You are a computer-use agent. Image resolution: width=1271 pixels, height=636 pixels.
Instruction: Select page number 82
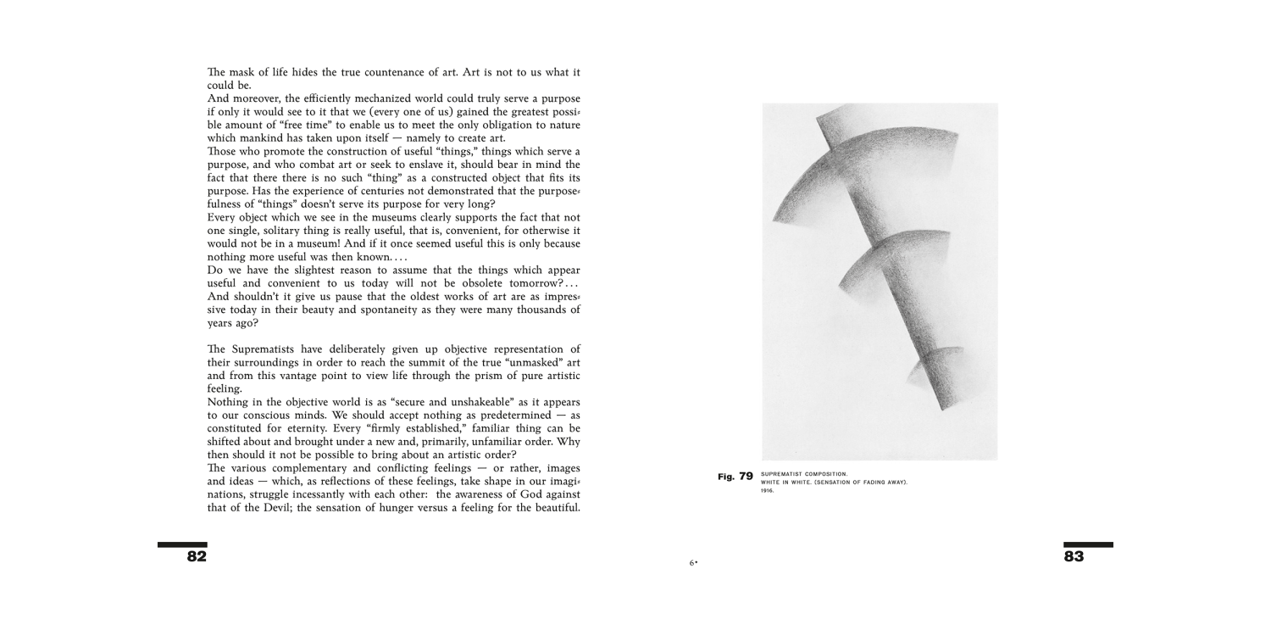pos(197,557)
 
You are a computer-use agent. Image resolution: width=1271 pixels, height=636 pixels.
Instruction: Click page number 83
pos(1074,557)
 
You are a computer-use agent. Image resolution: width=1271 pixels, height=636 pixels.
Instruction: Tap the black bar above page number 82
pos(182,544)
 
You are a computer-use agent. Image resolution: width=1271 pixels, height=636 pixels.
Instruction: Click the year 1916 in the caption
pos(768,490)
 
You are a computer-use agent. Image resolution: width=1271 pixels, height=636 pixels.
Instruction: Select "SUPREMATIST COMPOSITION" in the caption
pos(798,474)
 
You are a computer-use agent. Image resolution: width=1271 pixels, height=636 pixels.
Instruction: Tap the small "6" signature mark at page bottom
pos(692,562)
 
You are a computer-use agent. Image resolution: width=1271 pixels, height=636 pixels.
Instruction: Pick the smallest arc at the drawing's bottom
pos(932,369)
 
